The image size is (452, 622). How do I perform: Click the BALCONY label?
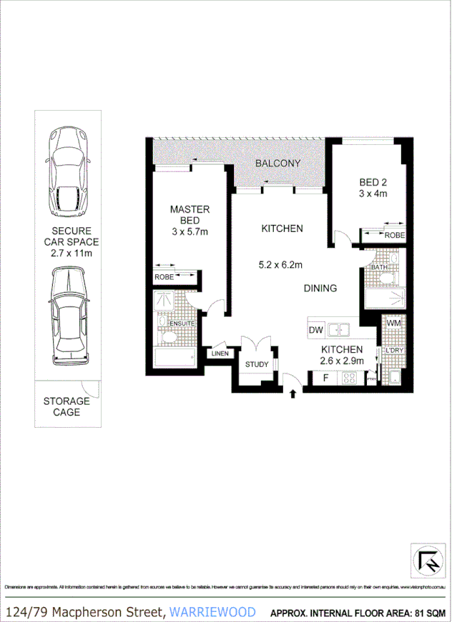click(x=278, y=164)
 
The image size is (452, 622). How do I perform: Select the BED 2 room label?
click(x=372, y=187)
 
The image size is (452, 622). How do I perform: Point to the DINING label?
click(x=320, y=289)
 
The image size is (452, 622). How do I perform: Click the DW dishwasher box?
click(x=315, y=331)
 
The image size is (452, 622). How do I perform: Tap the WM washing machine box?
click(x=393, y=324)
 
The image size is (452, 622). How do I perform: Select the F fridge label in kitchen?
click(x=326, y=378)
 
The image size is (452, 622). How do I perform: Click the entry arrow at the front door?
click(x=293, y=391)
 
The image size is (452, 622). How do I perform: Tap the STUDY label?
click(x=256, y=365)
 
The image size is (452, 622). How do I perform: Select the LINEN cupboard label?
click(x=220, y=353)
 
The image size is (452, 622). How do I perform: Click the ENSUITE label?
click(x=180, y=323)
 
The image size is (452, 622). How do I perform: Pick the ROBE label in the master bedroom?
click(x=164, y=277)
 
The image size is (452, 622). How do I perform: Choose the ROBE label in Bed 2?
click(x=394, y=235)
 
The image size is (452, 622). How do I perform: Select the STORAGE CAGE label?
click(x=67, y=406)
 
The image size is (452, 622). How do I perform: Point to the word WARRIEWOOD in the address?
click(x=213, y=611)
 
